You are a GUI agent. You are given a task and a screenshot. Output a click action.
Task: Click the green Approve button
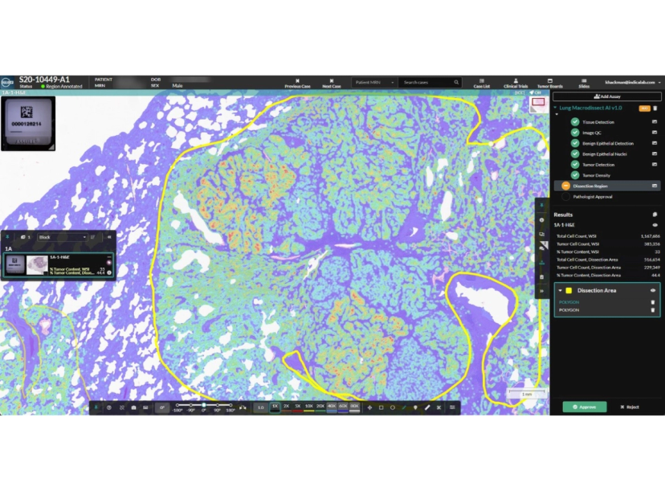coord(584,407)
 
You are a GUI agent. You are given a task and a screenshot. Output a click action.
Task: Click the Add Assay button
coord(607,96)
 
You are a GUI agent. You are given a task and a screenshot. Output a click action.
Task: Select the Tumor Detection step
coord(598,165)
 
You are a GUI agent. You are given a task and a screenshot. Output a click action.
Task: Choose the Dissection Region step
coord(590,186)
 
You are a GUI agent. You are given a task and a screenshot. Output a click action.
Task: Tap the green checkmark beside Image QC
coord(575,133)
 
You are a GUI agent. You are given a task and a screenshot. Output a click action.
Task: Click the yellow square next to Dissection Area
coord(569,290)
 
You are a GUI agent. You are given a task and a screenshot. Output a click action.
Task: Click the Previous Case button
coord(297,84)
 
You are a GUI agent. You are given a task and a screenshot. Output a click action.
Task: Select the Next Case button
coord(332,84)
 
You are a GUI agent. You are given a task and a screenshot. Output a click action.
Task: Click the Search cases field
coord(430,82)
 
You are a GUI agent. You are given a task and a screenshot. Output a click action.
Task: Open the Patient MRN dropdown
coord(374,82)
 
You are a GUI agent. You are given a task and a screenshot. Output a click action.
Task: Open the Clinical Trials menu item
coord(516,84)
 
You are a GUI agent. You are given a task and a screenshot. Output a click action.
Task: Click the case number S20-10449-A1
coord(44,80)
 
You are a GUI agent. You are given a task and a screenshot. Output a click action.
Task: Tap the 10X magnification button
coord(309,407)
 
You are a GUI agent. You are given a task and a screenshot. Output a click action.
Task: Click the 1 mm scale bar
coord(526,395)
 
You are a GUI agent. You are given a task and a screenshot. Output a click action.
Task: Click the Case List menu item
coord(482,84)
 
